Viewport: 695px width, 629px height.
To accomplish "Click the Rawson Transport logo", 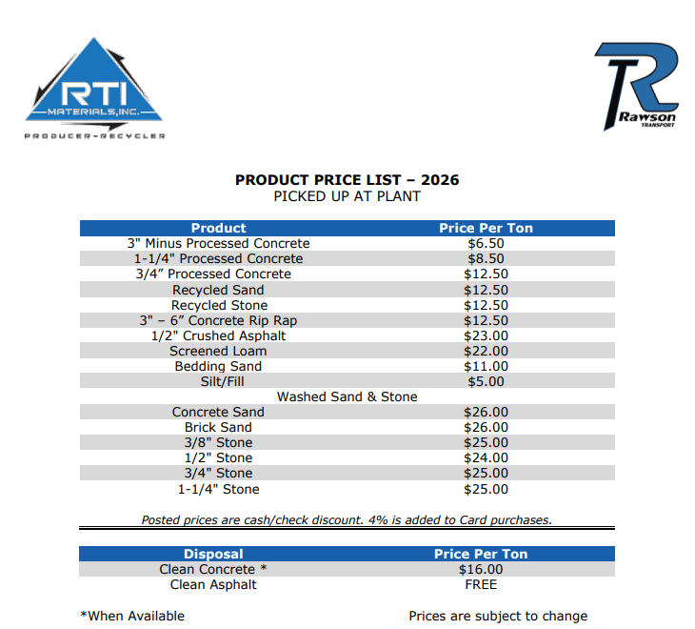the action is click(636, 86).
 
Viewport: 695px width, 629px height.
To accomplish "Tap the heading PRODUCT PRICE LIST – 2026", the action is click(347, 180).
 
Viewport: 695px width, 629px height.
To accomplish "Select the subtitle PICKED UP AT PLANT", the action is click(347, 196).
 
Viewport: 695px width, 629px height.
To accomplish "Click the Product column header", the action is click(218, 228).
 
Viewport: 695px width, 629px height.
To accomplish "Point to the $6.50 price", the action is click(486, 243).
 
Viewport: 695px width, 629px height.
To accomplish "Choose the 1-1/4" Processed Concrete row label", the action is click(218, 258).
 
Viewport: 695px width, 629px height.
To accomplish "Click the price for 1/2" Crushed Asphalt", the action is click(486, 335).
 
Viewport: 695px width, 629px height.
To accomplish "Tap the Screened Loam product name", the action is click(218, 351).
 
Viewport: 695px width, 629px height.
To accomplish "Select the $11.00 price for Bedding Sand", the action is click(486, 366).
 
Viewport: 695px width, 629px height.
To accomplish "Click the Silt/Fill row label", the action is click(218, 381).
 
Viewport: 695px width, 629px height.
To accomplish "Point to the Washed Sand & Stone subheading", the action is click(347, 396).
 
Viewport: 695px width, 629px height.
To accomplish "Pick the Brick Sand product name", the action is click(218, 427).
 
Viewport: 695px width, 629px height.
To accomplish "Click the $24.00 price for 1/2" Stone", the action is click(486, 457).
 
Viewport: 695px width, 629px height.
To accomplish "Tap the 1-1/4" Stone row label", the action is click(218, 489).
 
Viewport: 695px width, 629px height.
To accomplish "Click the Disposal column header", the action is click(213, 554).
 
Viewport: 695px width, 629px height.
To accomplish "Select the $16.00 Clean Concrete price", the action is click(481, 569).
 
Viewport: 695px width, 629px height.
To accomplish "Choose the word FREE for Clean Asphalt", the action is click(481, 584).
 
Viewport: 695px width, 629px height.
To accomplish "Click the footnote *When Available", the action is click(132, 616).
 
